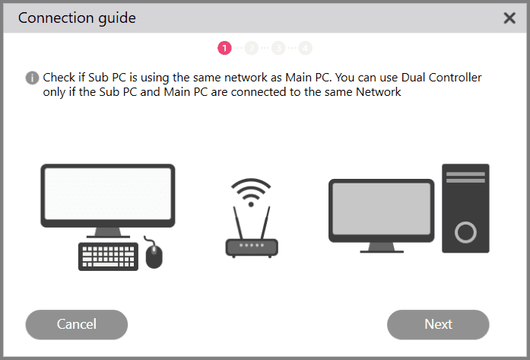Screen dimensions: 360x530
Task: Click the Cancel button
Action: point(76,324)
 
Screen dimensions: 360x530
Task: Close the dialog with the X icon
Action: point(509,18)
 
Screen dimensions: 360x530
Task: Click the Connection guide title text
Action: point(77,18)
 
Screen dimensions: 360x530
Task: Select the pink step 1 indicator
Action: point(224,48)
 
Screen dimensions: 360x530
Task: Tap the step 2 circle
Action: point(252,48)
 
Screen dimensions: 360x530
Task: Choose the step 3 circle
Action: point(278,48)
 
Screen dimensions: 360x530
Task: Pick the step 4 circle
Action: point(305,48)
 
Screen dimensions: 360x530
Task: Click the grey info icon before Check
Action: point(32,78)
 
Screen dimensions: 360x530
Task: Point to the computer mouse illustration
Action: point(154,256)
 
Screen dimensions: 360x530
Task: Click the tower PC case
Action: point(465,208)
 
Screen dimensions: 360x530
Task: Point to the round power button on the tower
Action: point(465,231)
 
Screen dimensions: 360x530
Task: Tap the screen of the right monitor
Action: point(381,209)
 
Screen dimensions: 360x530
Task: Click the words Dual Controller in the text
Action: point(438,78)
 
